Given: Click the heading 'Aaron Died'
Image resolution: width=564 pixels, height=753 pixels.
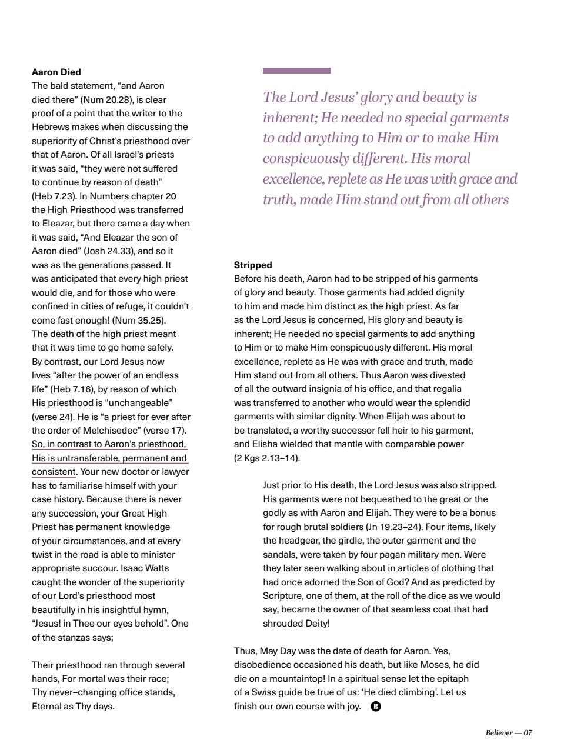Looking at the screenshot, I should pyautogui.click(x=56, y=72).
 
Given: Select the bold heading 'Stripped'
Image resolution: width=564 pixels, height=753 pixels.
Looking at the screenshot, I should pyautogui.click(x=253, y=265).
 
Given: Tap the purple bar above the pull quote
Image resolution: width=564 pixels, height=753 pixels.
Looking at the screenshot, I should pyautogui.click(x=296, y=71).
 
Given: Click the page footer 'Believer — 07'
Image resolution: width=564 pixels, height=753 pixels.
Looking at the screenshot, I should pyautogui.click(x=508, y=732).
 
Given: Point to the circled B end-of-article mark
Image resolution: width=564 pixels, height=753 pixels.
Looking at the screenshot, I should pyautogui.click(x=376, y=707).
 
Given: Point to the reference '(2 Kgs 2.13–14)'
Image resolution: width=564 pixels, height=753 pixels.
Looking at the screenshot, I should pyautogui.click(x=267, y=458).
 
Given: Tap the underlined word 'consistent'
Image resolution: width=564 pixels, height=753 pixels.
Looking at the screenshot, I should pyautogui.click(x=54, y=472).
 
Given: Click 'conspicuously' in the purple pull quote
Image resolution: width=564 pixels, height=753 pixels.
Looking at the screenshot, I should pyautogui.click(x=305, y=159).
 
